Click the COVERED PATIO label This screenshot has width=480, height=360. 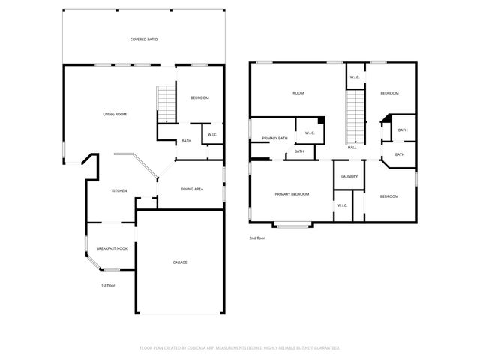coord(144,39)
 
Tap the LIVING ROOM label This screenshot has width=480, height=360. coord(115,114)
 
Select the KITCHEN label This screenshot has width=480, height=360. coord(119,190)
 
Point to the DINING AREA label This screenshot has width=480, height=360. coord(192,189)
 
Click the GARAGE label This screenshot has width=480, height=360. coord(180,262)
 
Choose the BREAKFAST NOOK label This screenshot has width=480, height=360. coord(112,248)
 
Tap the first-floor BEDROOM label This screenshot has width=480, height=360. coord(199,98)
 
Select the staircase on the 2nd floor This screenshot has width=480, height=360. coord(354,116)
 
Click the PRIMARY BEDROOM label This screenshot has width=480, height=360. coord(292,194)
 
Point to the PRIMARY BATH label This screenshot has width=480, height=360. coord(275,139)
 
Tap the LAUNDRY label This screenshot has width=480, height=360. coord(349,177)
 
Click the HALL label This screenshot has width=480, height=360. coord(352,148)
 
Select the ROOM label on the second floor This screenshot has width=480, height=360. coord(298,93)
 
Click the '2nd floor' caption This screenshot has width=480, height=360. coord(257,238)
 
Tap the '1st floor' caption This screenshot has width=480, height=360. coord(109,285)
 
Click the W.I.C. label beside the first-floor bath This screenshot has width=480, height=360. coord(213,135)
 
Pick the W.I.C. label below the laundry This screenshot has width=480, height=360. coord(342,205)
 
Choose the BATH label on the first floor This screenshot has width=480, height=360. coord(186,141)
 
